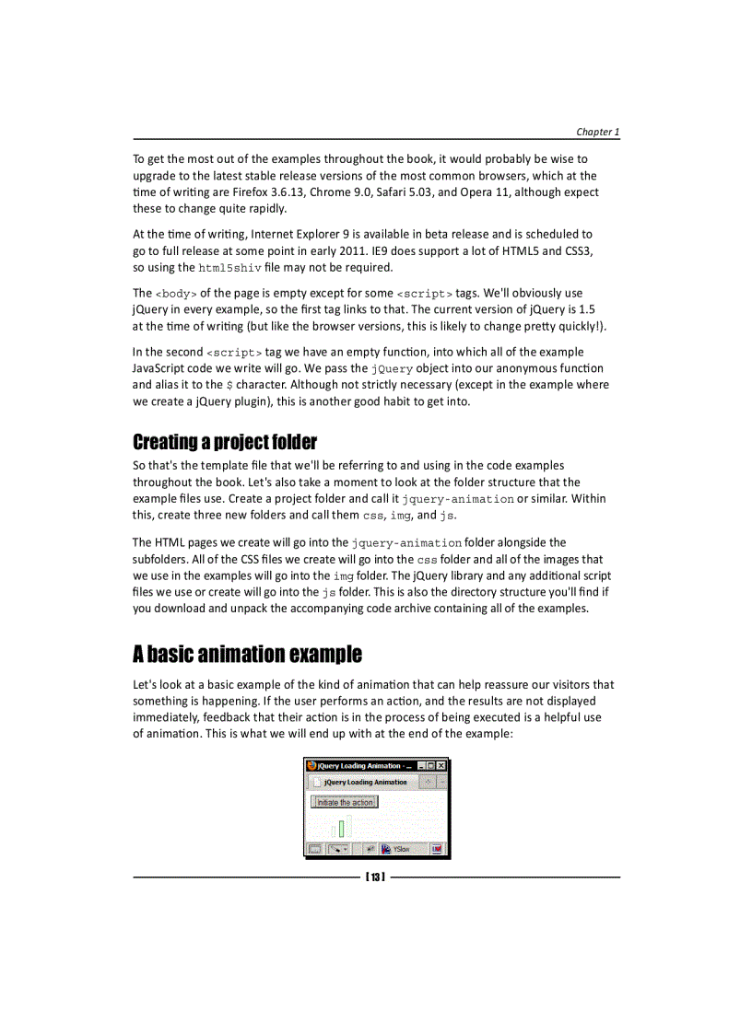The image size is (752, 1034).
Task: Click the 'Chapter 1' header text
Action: (597, 132)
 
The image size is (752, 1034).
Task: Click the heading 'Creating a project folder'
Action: (225, 442)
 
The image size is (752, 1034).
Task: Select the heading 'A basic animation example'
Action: (247, 655)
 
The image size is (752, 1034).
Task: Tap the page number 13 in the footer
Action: (375, 877)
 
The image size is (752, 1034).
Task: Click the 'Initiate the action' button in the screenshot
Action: (346, 802)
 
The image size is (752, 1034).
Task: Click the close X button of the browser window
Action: (441, 765)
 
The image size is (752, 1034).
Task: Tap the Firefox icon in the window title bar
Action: (311, 765)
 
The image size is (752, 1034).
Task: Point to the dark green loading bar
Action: (341, 828)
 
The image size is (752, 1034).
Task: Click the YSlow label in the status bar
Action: (402, 849)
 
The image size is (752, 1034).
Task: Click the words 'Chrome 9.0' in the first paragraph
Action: (402, 192)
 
